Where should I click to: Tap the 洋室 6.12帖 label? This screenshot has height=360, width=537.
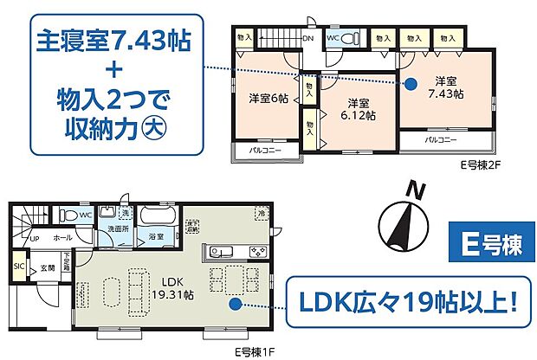[357, 107]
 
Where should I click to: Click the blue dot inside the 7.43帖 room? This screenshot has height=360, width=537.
[411, 84]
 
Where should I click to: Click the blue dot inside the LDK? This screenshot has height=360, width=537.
[233, 304]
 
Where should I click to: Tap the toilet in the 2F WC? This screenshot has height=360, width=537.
[348, 40]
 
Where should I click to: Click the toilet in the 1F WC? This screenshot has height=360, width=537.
[68, 215]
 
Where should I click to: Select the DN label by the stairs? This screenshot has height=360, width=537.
[307, 37]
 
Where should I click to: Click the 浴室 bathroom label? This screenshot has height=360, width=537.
[156, 235]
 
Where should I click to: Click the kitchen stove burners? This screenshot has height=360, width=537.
[258, 252]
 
